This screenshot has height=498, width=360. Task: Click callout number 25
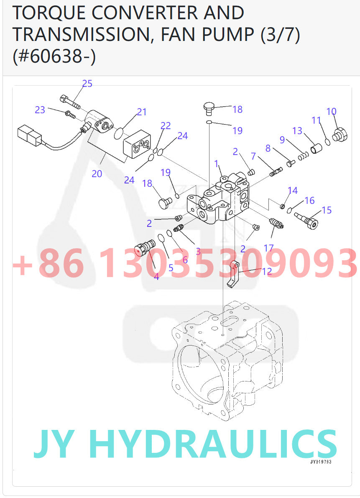click(87, 84)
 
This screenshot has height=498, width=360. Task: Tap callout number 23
click(40, 110)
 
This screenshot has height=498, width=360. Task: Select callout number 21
click(142, 112)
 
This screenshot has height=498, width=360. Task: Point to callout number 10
click(331, 112)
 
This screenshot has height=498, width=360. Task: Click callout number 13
click(297, 131)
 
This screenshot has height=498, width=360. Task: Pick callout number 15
click(327, 210)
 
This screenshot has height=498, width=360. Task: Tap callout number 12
click(267, 272)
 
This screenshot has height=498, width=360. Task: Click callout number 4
click(156, 276)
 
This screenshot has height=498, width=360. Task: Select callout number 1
click(217, 164)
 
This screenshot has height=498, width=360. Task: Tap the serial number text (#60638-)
click(54, 56)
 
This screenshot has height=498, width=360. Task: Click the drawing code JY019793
click(321, 462)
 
